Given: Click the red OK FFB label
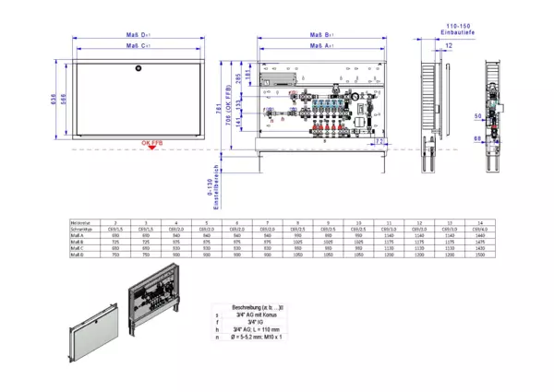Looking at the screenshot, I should point(151,144).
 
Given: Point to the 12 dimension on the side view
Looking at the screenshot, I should point(448,43).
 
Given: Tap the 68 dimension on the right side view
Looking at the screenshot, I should point(476,137).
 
